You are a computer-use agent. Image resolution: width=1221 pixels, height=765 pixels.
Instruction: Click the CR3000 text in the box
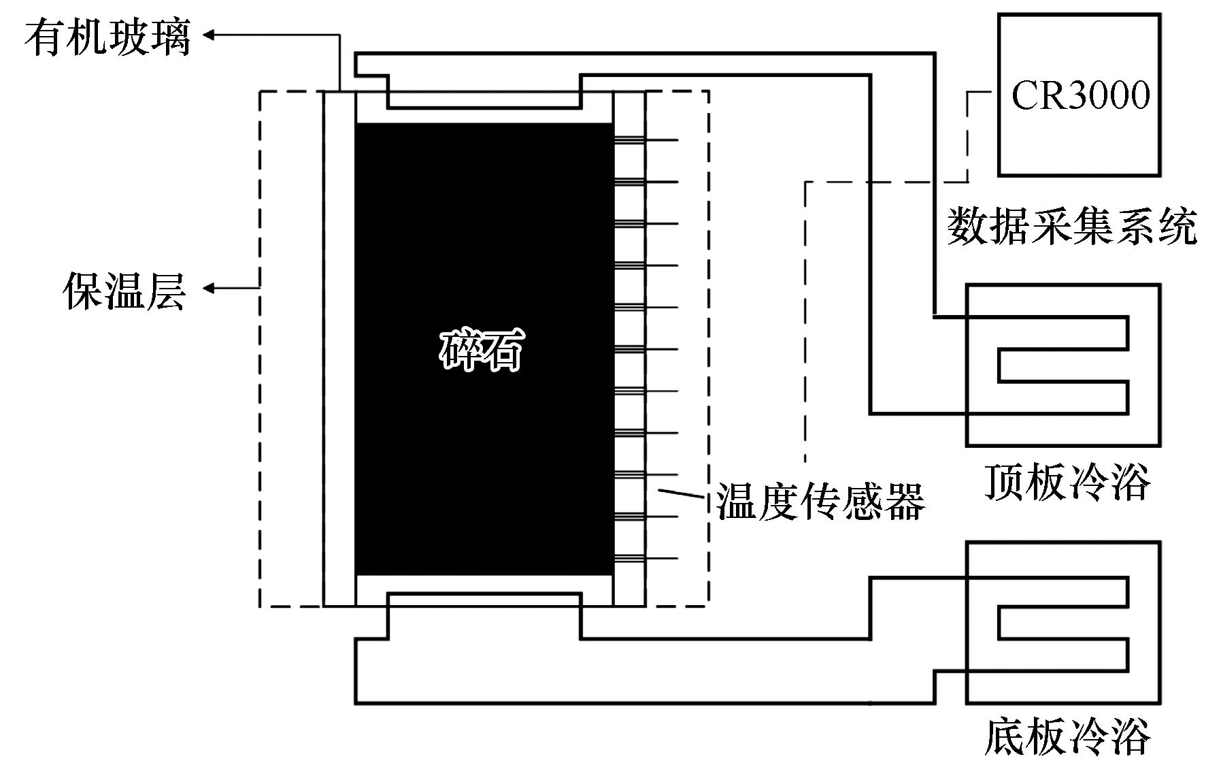[1080, 95]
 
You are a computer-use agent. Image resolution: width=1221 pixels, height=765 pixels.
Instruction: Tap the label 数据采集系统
[1072, 226]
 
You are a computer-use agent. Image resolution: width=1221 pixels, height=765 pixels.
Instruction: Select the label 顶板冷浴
[1067, 483]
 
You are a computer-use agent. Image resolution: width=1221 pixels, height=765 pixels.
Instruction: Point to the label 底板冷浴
[1067, 736]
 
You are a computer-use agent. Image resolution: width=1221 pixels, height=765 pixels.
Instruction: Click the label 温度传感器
[820, 502]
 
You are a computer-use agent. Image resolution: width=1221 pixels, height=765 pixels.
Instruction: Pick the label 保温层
[124, 291]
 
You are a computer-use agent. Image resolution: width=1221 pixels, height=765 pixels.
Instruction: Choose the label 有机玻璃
[107, 36]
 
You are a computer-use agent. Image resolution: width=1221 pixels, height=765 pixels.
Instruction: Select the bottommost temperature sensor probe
[646, 559]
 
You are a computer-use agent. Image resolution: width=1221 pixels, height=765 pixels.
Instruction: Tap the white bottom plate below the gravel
[484, 591]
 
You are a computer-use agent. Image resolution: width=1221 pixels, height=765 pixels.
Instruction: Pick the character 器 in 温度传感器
[905, 502]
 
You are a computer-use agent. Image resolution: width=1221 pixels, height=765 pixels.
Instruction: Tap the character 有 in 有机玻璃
[45, 36]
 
